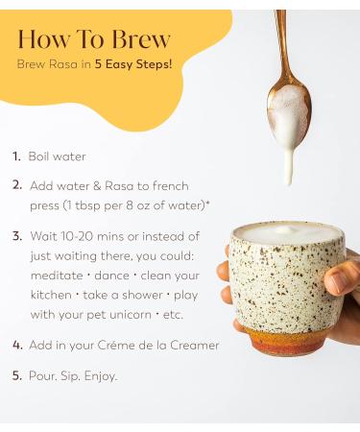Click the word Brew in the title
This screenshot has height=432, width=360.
coord(138,39)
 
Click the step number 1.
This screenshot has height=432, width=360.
coord(16,156)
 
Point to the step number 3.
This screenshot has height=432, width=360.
coord(17,236)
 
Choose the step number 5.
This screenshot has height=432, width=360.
coord(17,375)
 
